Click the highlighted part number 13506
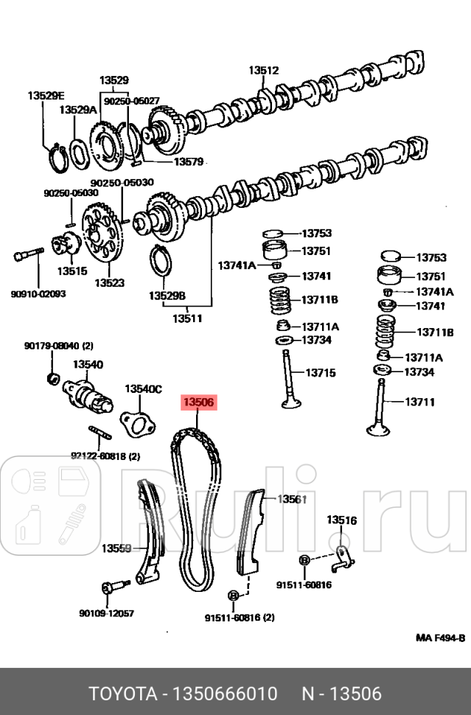[198, 402]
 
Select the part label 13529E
[46, 95]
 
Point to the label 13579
[188, 161]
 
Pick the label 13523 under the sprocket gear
[109, 282]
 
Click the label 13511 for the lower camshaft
[187, 318]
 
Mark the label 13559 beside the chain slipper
[116, 548]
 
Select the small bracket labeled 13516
[342, 557]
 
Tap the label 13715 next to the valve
[320, 373]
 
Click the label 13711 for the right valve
[419, 402]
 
